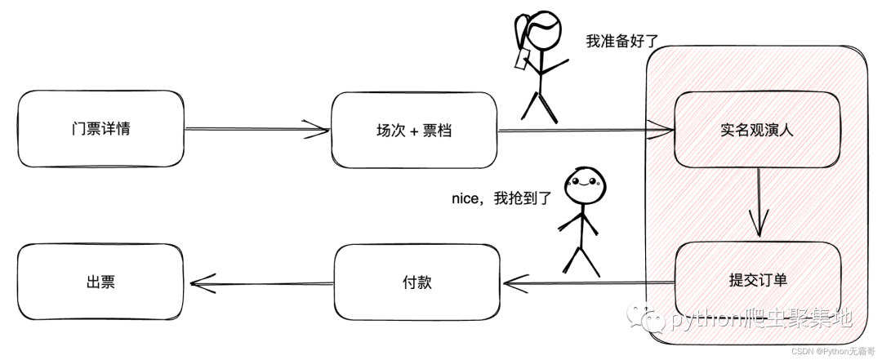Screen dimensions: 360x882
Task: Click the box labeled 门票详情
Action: click(100, 129)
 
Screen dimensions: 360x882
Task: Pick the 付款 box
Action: click(416, 282)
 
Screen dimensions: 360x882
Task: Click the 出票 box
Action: click(100, 282)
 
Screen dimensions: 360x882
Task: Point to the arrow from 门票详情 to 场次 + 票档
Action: click(257, 128)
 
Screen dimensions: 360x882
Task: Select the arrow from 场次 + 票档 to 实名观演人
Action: click(584, 129)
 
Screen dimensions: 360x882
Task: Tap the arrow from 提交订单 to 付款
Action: click(588, 283)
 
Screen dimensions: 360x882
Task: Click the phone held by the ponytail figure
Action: click(519, 59)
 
